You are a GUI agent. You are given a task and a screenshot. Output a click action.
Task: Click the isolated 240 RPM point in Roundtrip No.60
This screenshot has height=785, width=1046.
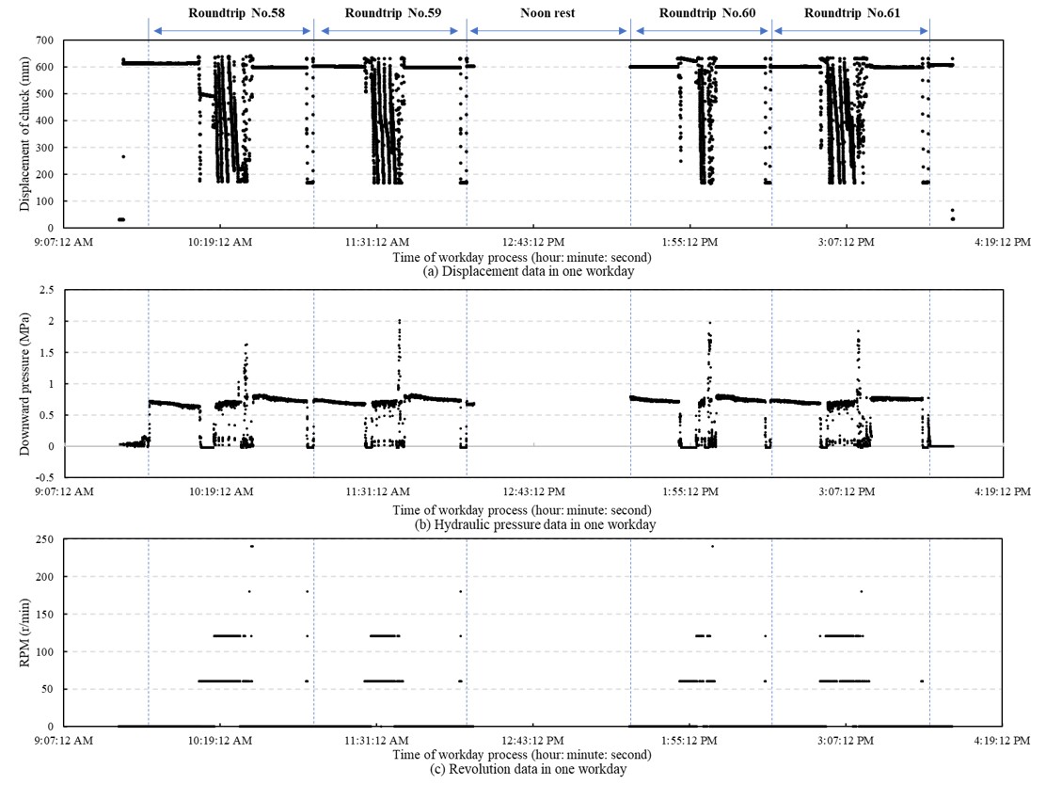click(x=712, y=546)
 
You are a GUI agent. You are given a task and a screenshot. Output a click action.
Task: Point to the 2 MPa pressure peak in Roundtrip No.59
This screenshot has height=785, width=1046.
click(x=399, y=321)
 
